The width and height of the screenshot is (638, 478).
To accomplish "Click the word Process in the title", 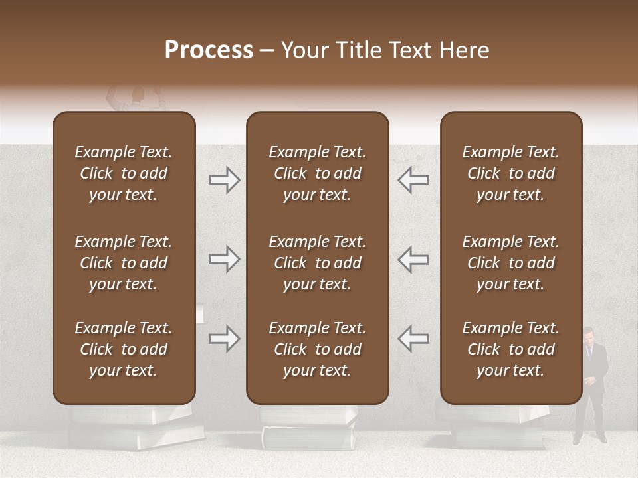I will coord(209,50).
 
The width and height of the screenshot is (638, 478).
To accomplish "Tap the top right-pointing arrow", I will coord(224,180).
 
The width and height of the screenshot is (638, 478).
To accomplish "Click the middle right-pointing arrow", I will coord(224,259).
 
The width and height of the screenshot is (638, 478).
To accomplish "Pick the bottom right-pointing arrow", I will coord(224,339).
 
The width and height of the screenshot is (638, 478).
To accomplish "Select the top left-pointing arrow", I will coord(413,180).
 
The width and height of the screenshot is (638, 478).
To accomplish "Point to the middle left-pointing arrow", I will coord(413,259).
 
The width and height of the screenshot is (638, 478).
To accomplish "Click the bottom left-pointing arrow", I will coord(413,339).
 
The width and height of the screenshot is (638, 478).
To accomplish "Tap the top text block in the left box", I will coord(124,173).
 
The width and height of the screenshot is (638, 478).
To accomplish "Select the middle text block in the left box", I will coord(124,263).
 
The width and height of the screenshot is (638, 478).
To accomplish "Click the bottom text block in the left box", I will coord(124,349).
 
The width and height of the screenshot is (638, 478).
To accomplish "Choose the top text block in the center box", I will coord(317,173).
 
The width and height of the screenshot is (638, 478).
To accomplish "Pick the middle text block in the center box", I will coord(317,263).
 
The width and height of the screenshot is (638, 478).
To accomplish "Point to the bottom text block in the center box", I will coord(317,349).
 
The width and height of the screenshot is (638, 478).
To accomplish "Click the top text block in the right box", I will coord(510,173).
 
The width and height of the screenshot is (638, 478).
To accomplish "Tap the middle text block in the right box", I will coord(510,263).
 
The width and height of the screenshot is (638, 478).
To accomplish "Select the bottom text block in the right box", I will coord(510,349).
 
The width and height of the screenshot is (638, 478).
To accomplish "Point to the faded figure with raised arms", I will coord(137,100).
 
